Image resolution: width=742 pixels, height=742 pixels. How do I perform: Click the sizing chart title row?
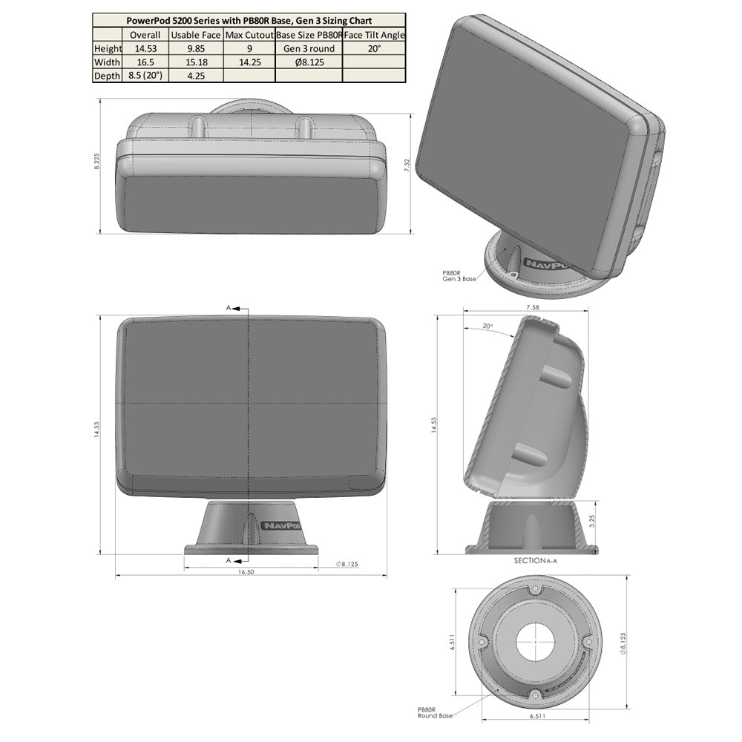point(249,21)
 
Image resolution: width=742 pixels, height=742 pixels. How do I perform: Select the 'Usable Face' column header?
point(195,35)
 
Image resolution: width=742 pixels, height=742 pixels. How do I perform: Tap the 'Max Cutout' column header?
point(249,35)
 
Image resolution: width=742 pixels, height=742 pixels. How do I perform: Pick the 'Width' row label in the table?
point(107,62)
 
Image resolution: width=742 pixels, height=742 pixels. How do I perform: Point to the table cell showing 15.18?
point(195,62)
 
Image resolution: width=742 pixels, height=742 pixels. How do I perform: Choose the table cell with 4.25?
point(195,76)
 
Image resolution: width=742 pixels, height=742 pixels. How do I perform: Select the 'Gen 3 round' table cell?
point(308,49)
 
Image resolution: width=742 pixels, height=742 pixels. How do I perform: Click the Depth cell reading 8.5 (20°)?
point(145,76)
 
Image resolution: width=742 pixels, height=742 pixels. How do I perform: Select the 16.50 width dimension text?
point(246,572)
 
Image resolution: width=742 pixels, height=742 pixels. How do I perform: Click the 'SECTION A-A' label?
point(534,561)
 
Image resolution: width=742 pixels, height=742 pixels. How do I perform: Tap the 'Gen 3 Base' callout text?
point(459,278)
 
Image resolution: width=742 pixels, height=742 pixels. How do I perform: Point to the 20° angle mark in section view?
point(487,326)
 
